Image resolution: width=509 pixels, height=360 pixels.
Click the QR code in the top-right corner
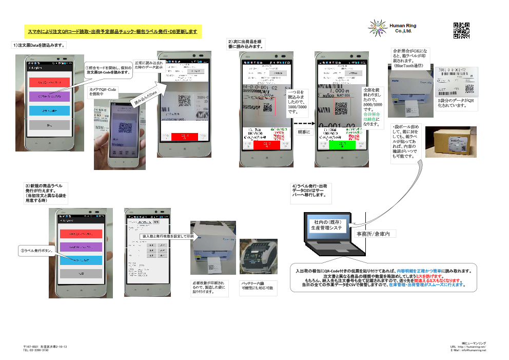pos(461,31)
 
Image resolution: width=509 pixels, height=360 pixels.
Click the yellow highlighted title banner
pos(112,32)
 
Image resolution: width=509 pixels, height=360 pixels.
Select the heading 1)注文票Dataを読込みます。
pos(39,45)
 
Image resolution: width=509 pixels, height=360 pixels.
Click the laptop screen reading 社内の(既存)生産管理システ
pos(326,224)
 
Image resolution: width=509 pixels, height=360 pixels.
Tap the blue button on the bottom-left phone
pos(81,260)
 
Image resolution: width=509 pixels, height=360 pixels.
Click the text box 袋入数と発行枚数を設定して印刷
pos(168,236)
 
